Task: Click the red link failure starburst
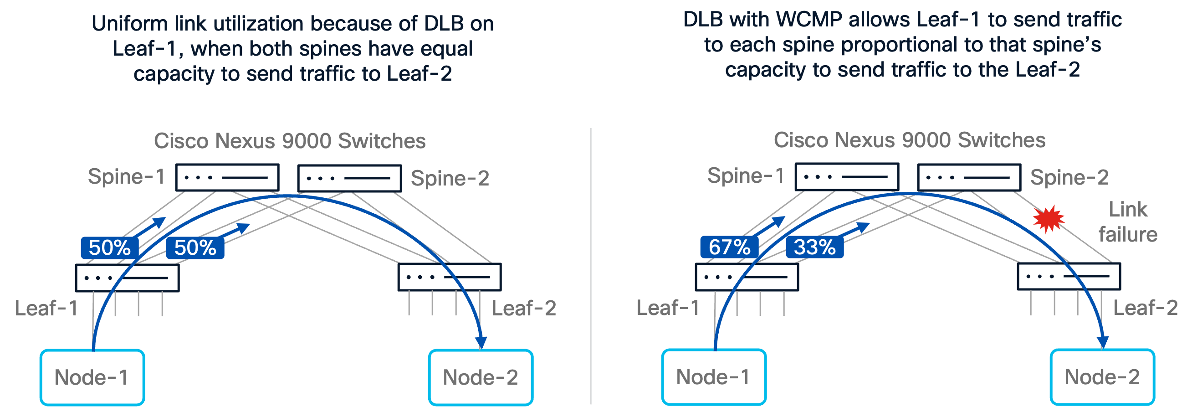tap(1049, 218)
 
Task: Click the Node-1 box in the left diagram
tap(92, 377)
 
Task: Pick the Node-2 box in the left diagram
tap(481, 377)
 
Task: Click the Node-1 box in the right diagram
tap(714, 377)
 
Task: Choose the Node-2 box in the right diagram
tap(1103, 377)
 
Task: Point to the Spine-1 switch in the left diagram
tap(227, 177)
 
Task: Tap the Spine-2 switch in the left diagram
tap(349, 178)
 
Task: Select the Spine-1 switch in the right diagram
tap(847, 176)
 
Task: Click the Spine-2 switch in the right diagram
tap(969, 177)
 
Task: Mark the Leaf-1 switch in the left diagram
tap(127, 278)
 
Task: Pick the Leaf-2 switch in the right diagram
tap(1069, 277)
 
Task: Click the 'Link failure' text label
tap(1128, 222)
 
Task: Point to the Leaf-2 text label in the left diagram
tap(524, 308)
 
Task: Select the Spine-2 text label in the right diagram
tap(1069, 177)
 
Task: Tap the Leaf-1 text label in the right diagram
tap(668, 308)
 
